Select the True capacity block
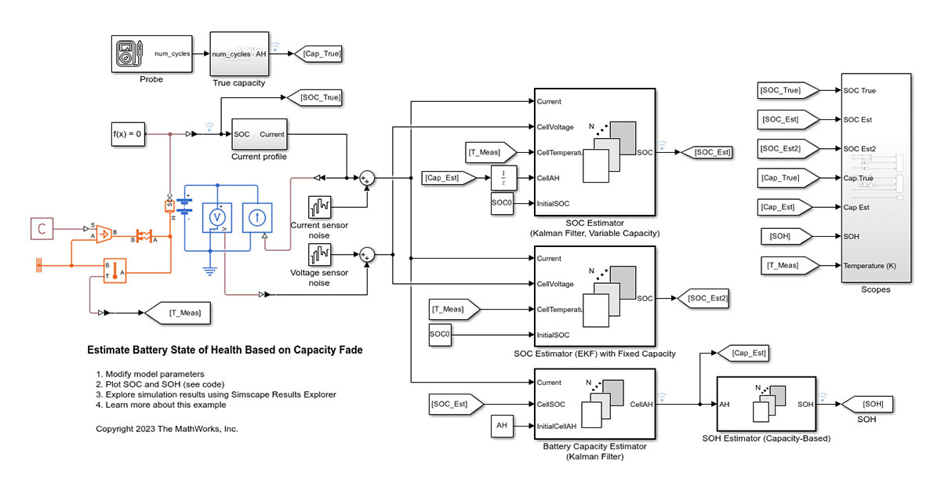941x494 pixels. [x=239, y=53]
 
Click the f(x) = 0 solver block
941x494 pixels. [x=127, y=134]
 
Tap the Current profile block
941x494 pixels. [x=259, y=134]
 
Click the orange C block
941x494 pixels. [x=42, y=228]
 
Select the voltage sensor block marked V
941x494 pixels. [x=219, y=217]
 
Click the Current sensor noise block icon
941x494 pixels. [x=320, y=208]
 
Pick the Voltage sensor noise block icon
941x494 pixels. [x=320, y=255]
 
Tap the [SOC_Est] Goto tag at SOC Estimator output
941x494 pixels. [x=708, y=152]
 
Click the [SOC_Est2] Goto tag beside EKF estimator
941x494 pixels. [x=703, y=298]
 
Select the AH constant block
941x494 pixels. [x=502, y=426]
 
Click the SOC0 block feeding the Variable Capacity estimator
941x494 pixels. [x=502, y=204]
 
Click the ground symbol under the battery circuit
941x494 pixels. [x=210, y=271]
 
